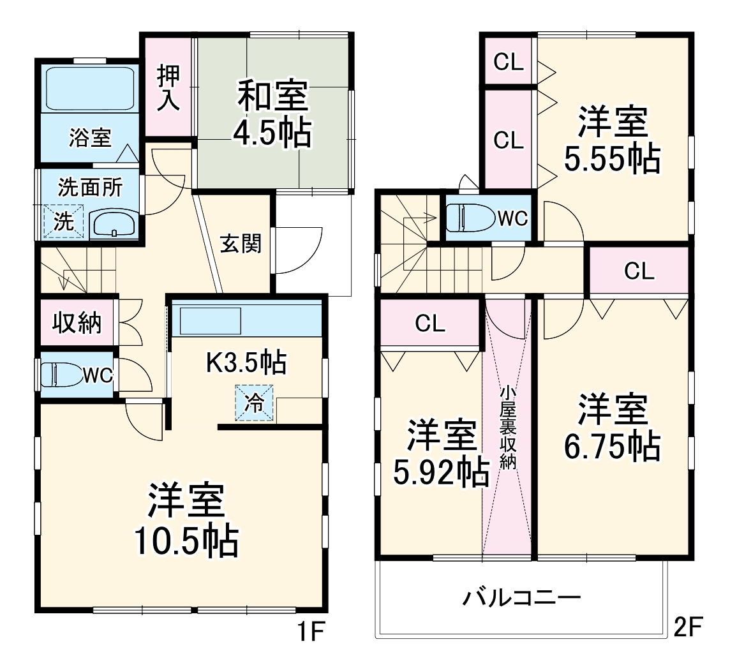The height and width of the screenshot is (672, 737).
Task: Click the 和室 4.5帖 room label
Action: (x=272, y=114)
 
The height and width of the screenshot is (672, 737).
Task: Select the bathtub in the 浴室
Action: (x=90, y=89)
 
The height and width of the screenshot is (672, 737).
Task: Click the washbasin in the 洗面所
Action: (x=114, y=224)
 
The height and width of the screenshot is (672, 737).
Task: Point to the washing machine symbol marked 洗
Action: (x=63, y=221)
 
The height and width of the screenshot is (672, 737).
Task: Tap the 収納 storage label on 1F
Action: (x=77, y=324)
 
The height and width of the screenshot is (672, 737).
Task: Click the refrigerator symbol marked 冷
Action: (x=255, y=403)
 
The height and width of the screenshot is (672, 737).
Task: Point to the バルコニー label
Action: (x=522, y=599)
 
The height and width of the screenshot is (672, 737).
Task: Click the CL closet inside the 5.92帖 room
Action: (x=430, y=324)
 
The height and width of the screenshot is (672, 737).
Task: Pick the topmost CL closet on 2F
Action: (x=509, y=62)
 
